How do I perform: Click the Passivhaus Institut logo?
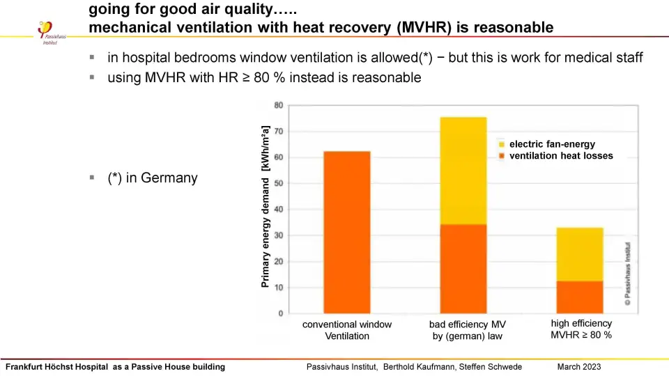47,31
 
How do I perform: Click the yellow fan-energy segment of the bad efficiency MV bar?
463,171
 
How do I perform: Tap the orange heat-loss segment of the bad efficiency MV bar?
463,269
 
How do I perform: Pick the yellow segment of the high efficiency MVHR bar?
580,254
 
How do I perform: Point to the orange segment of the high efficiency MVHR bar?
580,297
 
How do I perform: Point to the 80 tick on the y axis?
278,105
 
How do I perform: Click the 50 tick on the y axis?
278,184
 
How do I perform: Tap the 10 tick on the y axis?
278,288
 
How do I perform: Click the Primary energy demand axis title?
266,207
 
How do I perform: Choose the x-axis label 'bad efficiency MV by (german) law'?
467,330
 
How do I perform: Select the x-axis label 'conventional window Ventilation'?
347,330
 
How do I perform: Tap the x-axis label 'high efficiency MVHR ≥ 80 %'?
581,329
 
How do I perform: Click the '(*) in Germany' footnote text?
152,178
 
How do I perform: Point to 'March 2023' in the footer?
578,367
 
